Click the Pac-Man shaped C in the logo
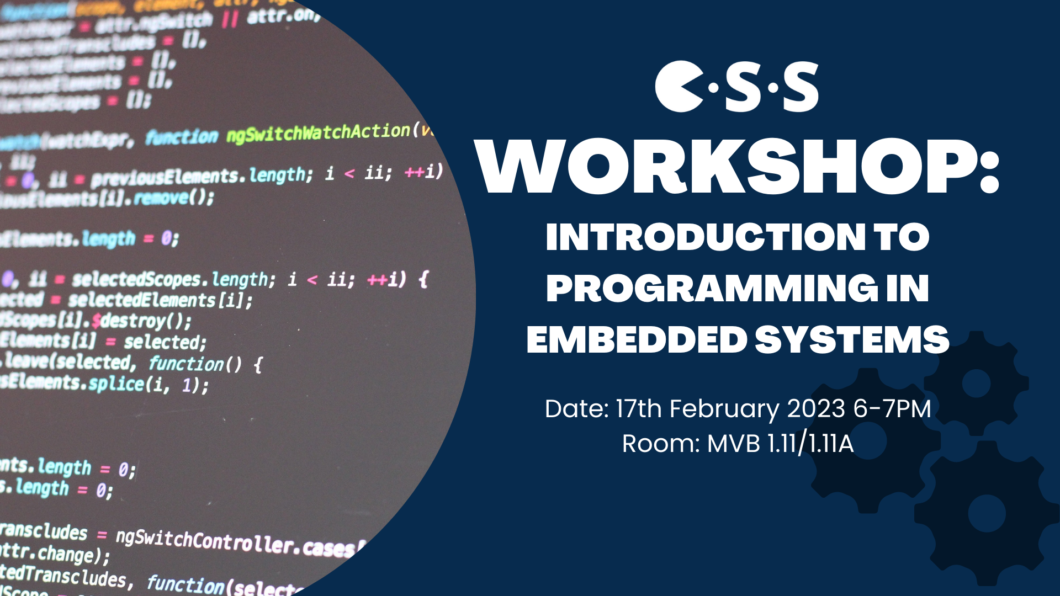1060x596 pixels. click(x=678, y=87)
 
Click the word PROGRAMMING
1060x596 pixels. click(x=712, y=288)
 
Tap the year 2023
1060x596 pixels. click(x=816, y=409)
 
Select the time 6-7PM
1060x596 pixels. click(x=892, y=409)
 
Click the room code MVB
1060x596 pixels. click(x=734, y=444)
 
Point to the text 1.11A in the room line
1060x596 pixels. click(x=831, y=444)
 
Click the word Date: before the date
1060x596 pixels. click(x=577, y=409)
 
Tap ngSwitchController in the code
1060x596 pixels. click(x=207, y=540)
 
